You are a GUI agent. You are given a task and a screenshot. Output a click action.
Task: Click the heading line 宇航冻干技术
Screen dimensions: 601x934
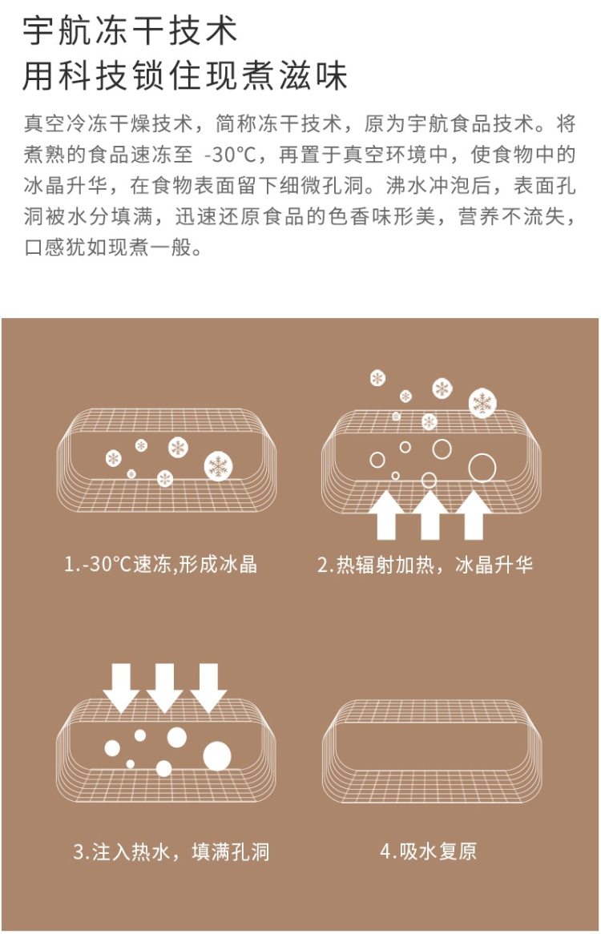[130, 30]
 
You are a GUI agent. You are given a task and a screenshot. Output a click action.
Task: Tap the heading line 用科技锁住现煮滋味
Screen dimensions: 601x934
[184, 75]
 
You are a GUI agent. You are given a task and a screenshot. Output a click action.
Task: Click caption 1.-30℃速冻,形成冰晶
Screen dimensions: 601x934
[161, 563]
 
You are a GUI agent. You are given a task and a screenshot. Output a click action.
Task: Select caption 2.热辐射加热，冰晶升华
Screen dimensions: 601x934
[425, 563]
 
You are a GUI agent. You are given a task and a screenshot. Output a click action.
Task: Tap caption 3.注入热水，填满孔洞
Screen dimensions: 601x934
[171, 851]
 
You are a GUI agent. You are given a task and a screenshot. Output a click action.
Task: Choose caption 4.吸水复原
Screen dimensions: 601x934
[428, 851]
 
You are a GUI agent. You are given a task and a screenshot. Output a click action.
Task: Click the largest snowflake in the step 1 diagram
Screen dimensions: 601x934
[218, 466]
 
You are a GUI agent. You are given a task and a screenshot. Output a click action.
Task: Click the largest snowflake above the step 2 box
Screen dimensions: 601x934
[482, 403]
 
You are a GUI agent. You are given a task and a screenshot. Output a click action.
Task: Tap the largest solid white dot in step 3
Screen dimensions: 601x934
[217, 756]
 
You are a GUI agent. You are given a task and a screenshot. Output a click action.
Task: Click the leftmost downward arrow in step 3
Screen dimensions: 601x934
[121, 688]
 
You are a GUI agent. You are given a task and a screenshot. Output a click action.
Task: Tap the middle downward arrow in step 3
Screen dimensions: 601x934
[164, 688]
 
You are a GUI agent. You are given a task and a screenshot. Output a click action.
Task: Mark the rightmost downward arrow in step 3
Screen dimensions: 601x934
[208, 688]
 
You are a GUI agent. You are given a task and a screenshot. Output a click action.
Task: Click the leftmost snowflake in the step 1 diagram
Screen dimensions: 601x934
[113, 458]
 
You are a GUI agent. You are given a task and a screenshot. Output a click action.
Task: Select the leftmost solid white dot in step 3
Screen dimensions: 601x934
[112, 748]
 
